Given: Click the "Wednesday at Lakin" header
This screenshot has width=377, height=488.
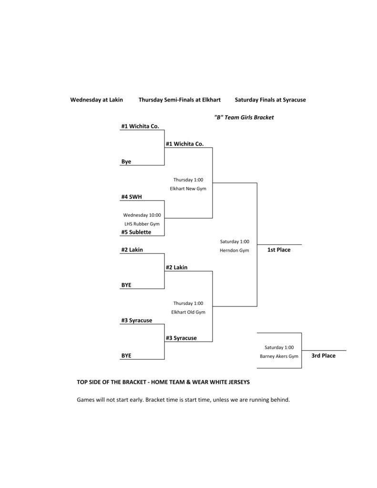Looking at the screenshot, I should tap(96, 100).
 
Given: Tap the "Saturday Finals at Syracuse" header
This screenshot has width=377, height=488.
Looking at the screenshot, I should tap(270, 100).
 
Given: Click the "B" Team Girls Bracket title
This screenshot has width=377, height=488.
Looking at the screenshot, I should tap(244, 117).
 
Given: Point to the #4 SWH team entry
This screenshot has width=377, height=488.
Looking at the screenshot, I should tap(132, 197).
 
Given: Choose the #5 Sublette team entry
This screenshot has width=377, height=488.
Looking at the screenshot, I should tap(136, 232).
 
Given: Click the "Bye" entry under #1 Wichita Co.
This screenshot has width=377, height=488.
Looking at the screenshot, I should tap(126, 162).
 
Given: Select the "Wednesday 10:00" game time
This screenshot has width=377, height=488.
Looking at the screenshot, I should tap(142, 215).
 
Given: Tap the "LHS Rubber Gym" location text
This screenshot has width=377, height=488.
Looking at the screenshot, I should tap(142, 224).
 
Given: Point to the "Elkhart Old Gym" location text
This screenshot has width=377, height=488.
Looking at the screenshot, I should tap(188, 312).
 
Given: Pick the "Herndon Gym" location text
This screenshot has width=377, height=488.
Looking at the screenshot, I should tap(234, 250).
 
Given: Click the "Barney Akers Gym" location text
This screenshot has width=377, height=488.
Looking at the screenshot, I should tap(279, 356).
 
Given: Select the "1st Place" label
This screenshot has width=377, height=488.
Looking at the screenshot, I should tap(279, 250).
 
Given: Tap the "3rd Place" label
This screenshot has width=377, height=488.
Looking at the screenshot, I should tap(324, 356).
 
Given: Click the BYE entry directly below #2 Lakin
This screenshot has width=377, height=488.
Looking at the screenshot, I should tap(126, 285).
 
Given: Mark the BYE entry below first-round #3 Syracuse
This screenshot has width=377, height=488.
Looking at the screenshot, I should tap(126, 356).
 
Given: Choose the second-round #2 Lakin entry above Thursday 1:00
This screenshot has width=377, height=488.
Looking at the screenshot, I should tap(176, 268).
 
